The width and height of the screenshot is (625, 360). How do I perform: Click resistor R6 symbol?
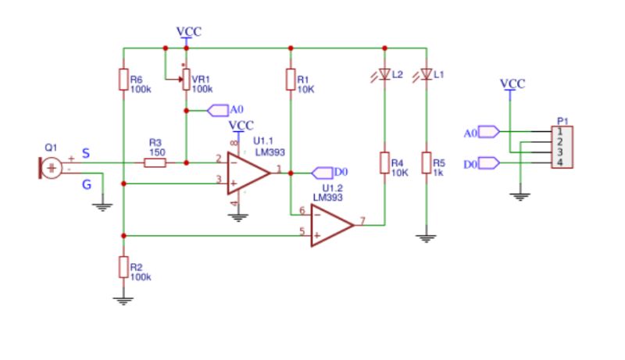coord(123,80)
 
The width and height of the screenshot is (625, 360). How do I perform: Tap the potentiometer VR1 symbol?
coord(186,79)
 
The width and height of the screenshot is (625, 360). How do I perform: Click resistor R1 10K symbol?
coord(290,80)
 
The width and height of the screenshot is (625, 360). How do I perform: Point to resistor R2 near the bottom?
coord(123,266)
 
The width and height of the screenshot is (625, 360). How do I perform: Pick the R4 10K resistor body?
coord(384,162)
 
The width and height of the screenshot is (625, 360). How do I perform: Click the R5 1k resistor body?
coord(426,162)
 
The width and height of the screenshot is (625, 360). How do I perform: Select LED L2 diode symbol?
coord(384,75)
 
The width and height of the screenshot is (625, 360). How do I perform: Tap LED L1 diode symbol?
coord(426,75)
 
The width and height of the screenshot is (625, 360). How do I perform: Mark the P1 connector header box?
coord(562,147)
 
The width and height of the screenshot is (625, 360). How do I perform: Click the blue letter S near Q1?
coord(85,153)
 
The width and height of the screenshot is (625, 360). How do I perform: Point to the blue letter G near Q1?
coord(86,184)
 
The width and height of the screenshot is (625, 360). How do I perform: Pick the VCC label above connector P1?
coord(512,83)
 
